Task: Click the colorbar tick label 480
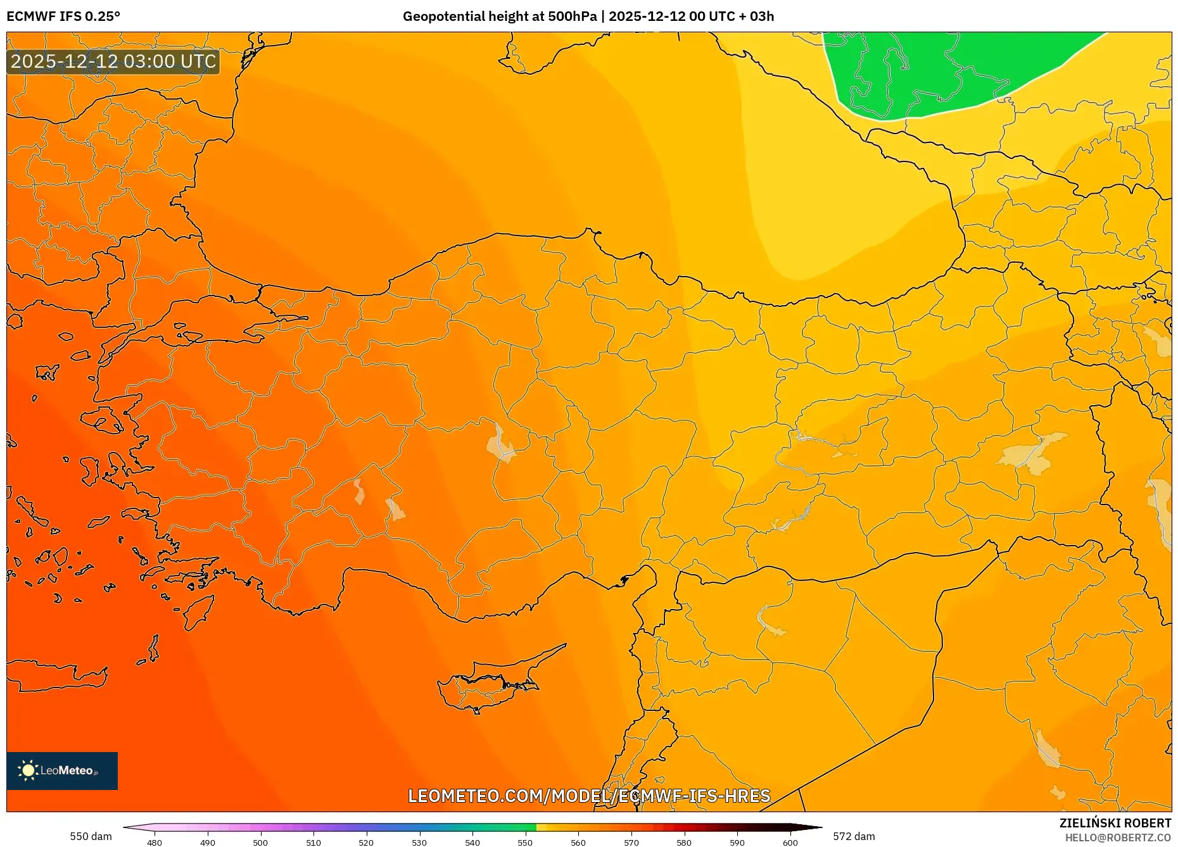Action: tap(155, 843)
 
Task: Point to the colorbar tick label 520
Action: tap(366, 843)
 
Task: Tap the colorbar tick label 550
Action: tap(525, 843)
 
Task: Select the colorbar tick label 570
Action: tap(631, 843)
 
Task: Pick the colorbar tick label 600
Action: tap(790, 843)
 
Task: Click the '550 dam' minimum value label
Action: tap(91, 836)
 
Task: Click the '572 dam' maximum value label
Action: tap(854, 836)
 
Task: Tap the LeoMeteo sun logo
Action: tap(28, 770)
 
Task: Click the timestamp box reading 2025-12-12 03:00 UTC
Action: tap(113, 61)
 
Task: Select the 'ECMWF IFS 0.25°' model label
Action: tap(63, 16)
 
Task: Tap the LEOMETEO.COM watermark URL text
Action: tap(589, 796)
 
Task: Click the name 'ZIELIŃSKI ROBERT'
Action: tap(1115, 823)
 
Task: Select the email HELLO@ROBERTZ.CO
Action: tap(1118, 838)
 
